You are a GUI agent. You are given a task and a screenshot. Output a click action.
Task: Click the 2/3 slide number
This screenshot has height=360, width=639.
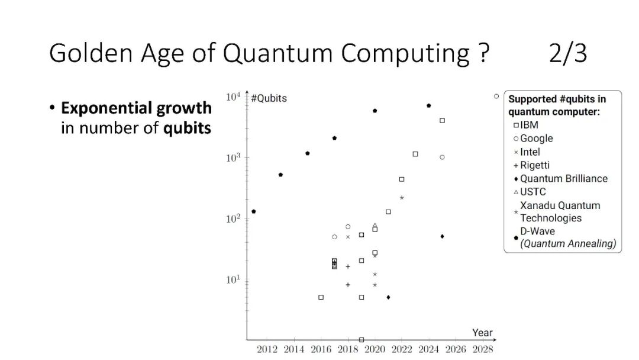pyautogui.click(x=567, y=53)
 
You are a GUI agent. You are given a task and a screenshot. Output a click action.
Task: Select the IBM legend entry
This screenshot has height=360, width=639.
pyautogui.click(x=526, y=125)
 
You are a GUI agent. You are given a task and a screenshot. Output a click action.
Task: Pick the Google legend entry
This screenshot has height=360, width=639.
pyautogui.click(x=533, y=138)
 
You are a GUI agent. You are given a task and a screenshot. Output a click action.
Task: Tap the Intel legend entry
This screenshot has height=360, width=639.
pyautogui.click(x=527, y=152)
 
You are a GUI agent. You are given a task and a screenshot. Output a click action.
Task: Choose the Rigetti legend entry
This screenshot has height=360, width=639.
pyautogui.click(x=531, y=165)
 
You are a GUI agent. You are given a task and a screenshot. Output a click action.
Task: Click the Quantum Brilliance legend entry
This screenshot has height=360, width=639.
pyautogui.click(x=560, y=179)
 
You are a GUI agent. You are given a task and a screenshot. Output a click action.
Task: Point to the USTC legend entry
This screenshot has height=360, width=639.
pyautogui.click(x=530, y=192)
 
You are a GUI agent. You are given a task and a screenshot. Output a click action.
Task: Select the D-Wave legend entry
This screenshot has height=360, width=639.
pyautogui.click(x=565, y=237)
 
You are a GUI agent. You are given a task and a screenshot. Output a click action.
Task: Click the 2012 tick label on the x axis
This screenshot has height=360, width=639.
pyautogui.click(x=267, y=349)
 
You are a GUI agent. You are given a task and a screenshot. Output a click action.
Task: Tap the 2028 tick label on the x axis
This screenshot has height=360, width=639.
pyautogui.click(x=483, y=349)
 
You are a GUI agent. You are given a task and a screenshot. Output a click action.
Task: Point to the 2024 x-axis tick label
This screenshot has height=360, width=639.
pyautogui.click(x=429, y=349)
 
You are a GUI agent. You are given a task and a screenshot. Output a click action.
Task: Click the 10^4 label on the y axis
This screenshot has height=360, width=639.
pyautogui.click(x=233, y=97)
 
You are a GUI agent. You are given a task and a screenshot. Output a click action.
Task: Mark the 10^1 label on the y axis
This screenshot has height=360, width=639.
pyautogui.click(x=233, y=279)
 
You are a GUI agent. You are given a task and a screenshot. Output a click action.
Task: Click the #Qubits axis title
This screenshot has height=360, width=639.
pyautogui.click(x=269, y=98)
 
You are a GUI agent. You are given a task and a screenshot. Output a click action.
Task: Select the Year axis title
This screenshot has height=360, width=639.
pyautogui.click(x=483, y=333)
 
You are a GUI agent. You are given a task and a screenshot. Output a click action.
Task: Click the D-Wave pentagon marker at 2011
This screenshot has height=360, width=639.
pyautogui.click(x=253, y=211)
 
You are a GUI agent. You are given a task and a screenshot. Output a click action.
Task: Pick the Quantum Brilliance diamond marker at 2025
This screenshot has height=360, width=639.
pyautogui.click(x=442, y=236)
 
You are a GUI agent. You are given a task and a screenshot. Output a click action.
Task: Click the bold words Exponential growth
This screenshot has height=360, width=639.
pyautogui.click(x=136, y=108)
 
